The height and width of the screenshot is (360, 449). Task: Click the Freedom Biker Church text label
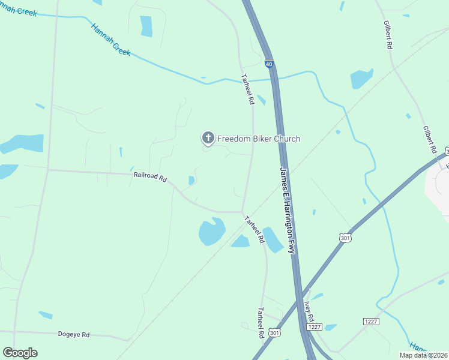(258, 139)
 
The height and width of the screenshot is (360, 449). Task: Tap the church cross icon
(208, 139)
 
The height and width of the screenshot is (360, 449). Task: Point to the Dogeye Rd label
(73, 334)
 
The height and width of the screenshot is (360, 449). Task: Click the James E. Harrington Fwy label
(288, 209)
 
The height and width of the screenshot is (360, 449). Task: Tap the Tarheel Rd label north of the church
(247, 90)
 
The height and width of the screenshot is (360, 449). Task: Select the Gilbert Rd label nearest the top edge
(388, 35)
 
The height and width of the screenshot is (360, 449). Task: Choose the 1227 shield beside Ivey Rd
(315, 327)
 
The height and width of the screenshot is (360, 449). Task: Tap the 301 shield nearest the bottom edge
(275, 332)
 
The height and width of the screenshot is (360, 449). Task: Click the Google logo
(20, 352)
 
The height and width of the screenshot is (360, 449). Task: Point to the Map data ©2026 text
(423, 355)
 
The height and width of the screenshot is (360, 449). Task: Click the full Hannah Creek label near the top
(111, 40)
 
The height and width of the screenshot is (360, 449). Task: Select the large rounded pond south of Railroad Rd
(211, 232)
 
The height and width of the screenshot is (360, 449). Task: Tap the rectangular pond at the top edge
(146, 26)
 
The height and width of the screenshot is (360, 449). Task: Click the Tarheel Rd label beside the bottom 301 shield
(261, 322)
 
